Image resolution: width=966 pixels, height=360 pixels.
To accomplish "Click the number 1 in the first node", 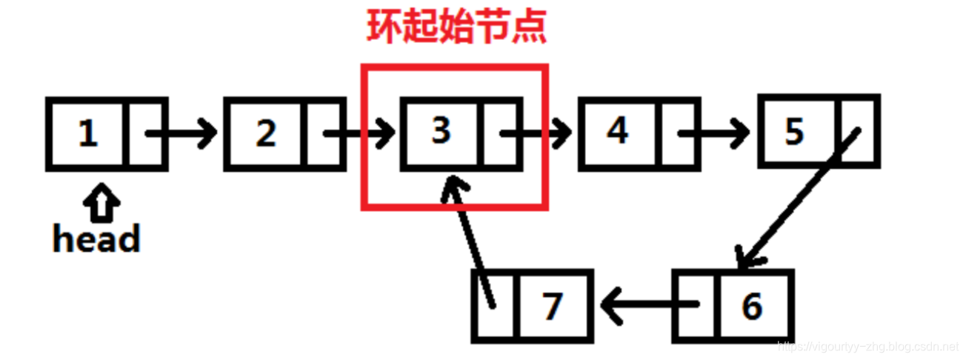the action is pos(88,134).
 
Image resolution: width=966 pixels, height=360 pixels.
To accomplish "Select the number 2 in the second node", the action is pos(265,134).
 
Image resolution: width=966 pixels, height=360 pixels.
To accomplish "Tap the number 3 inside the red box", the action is pos(442,131).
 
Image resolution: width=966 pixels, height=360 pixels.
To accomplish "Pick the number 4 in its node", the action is pos(618,131).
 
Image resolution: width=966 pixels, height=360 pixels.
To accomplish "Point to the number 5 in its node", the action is pos(794,131).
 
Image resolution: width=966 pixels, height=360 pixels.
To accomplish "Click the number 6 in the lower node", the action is pos(753,306).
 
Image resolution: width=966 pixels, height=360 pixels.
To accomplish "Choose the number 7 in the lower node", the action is pos(552,307).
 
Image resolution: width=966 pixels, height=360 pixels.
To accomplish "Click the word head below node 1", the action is pos(96,239).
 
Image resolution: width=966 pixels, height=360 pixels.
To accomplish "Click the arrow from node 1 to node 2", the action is pos(182,134).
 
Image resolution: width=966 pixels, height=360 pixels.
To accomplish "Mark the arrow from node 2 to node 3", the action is pos(360,134).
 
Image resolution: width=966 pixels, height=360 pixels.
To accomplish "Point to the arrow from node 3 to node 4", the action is pos(535,134).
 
